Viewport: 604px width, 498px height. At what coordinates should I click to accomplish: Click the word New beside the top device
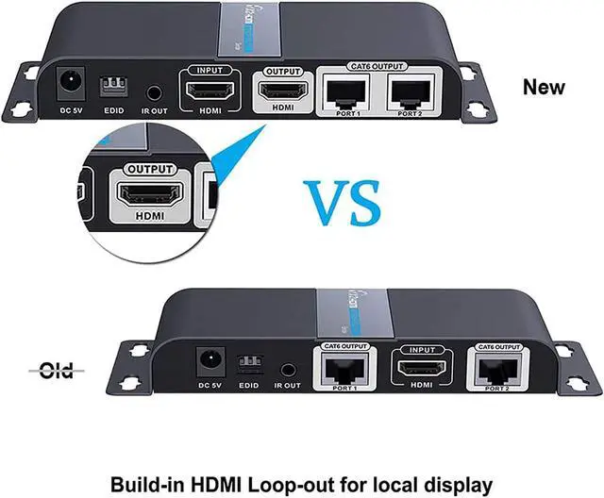(544, 88)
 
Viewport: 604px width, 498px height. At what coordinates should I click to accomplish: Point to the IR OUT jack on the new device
(155, 93)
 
